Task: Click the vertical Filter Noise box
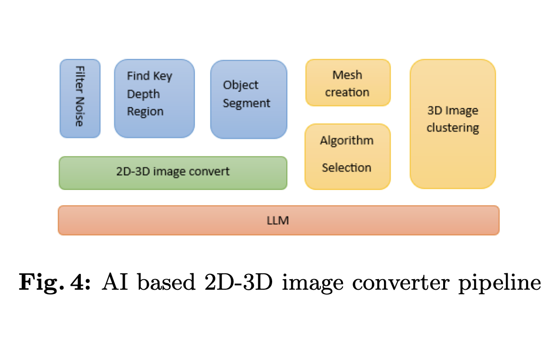80,99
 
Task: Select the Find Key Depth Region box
154,99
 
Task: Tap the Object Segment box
249,99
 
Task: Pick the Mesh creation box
348,83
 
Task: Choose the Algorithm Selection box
347,156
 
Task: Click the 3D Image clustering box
453,124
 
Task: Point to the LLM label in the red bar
277,220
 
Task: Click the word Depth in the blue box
143,94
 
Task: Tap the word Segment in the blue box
247,103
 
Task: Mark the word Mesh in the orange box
347,75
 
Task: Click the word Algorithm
347,141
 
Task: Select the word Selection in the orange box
347,168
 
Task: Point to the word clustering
453,129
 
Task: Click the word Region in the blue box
145,112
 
